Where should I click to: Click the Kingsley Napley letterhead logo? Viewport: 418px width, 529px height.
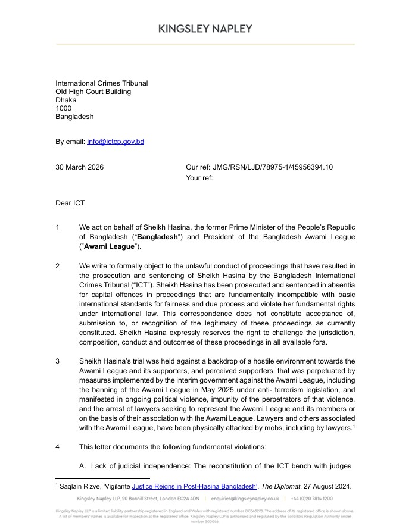point(205,29)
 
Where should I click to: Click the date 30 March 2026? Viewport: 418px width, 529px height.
point(79,167)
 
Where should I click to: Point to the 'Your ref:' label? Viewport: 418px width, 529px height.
point(199,177)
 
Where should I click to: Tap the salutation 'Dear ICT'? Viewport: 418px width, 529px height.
point(70,203)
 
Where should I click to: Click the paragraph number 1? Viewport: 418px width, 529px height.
point(58,227)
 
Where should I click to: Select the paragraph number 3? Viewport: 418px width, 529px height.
point(58,361)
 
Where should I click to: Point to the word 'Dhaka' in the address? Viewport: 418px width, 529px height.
point(66,100)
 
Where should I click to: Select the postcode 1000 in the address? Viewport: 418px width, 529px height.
point(63,108)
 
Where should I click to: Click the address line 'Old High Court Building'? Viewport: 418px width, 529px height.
point(93,92)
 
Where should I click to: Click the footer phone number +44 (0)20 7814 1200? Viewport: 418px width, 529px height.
point(311,498)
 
